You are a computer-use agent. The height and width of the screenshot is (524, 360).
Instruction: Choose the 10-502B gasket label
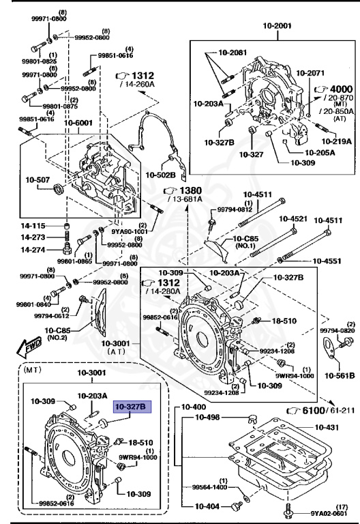tap(161, 175)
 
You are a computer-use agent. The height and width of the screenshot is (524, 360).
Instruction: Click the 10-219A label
tap(337, 141)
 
